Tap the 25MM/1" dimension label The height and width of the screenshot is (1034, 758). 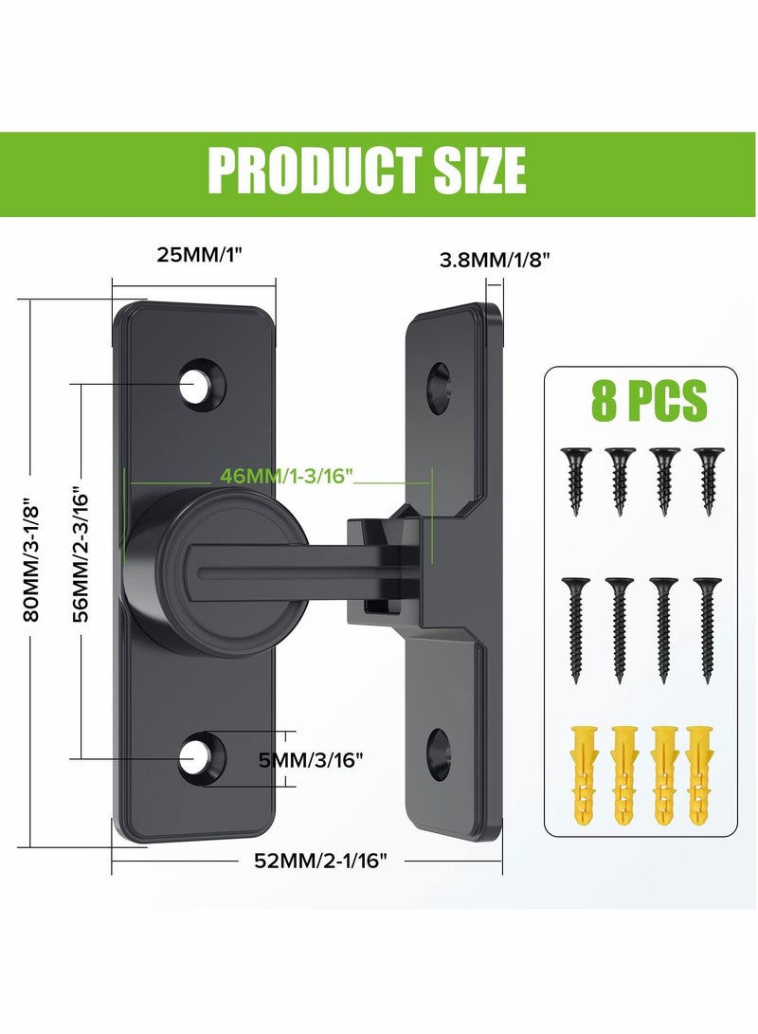coord(193,256)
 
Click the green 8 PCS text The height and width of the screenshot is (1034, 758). coord(649,401)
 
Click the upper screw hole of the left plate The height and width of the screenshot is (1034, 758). coord(200,383)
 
